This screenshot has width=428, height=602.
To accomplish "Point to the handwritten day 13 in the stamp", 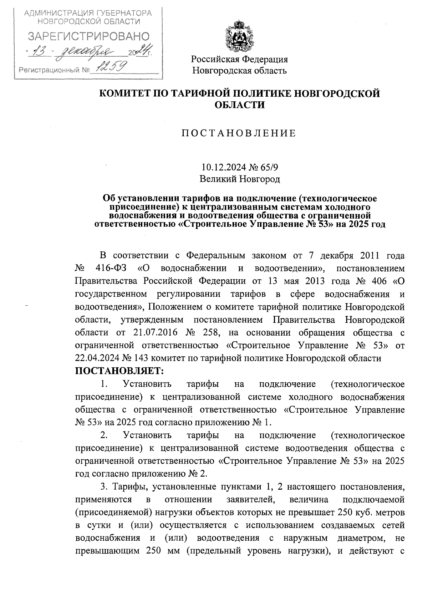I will (x=42, y=52).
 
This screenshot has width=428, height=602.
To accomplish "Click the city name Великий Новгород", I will (x=239, y=179).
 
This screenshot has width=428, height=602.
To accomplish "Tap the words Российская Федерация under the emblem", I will (x=239, y=59).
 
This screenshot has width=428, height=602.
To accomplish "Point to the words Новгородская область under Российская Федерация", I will (x=239, y=71).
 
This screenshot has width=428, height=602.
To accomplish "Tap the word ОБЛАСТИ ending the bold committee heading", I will (x=239, y=105).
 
